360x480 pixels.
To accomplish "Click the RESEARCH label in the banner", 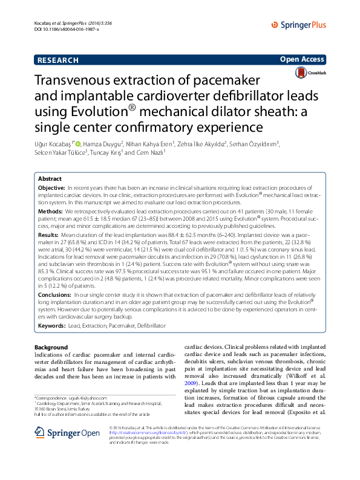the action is [x=57, y=60].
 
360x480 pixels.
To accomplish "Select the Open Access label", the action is [x=303, y=59].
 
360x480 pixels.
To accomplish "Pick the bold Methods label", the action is [x=50, y=212].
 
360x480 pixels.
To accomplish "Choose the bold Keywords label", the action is [x=52, y=325].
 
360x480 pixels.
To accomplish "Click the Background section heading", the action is [x=51, y=348].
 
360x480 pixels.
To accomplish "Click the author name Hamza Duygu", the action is [x=104, y=143].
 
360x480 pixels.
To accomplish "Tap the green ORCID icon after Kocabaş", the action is [x=77, y=143].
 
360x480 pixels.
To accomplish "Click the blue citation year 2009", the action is [x=191, y=383].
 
